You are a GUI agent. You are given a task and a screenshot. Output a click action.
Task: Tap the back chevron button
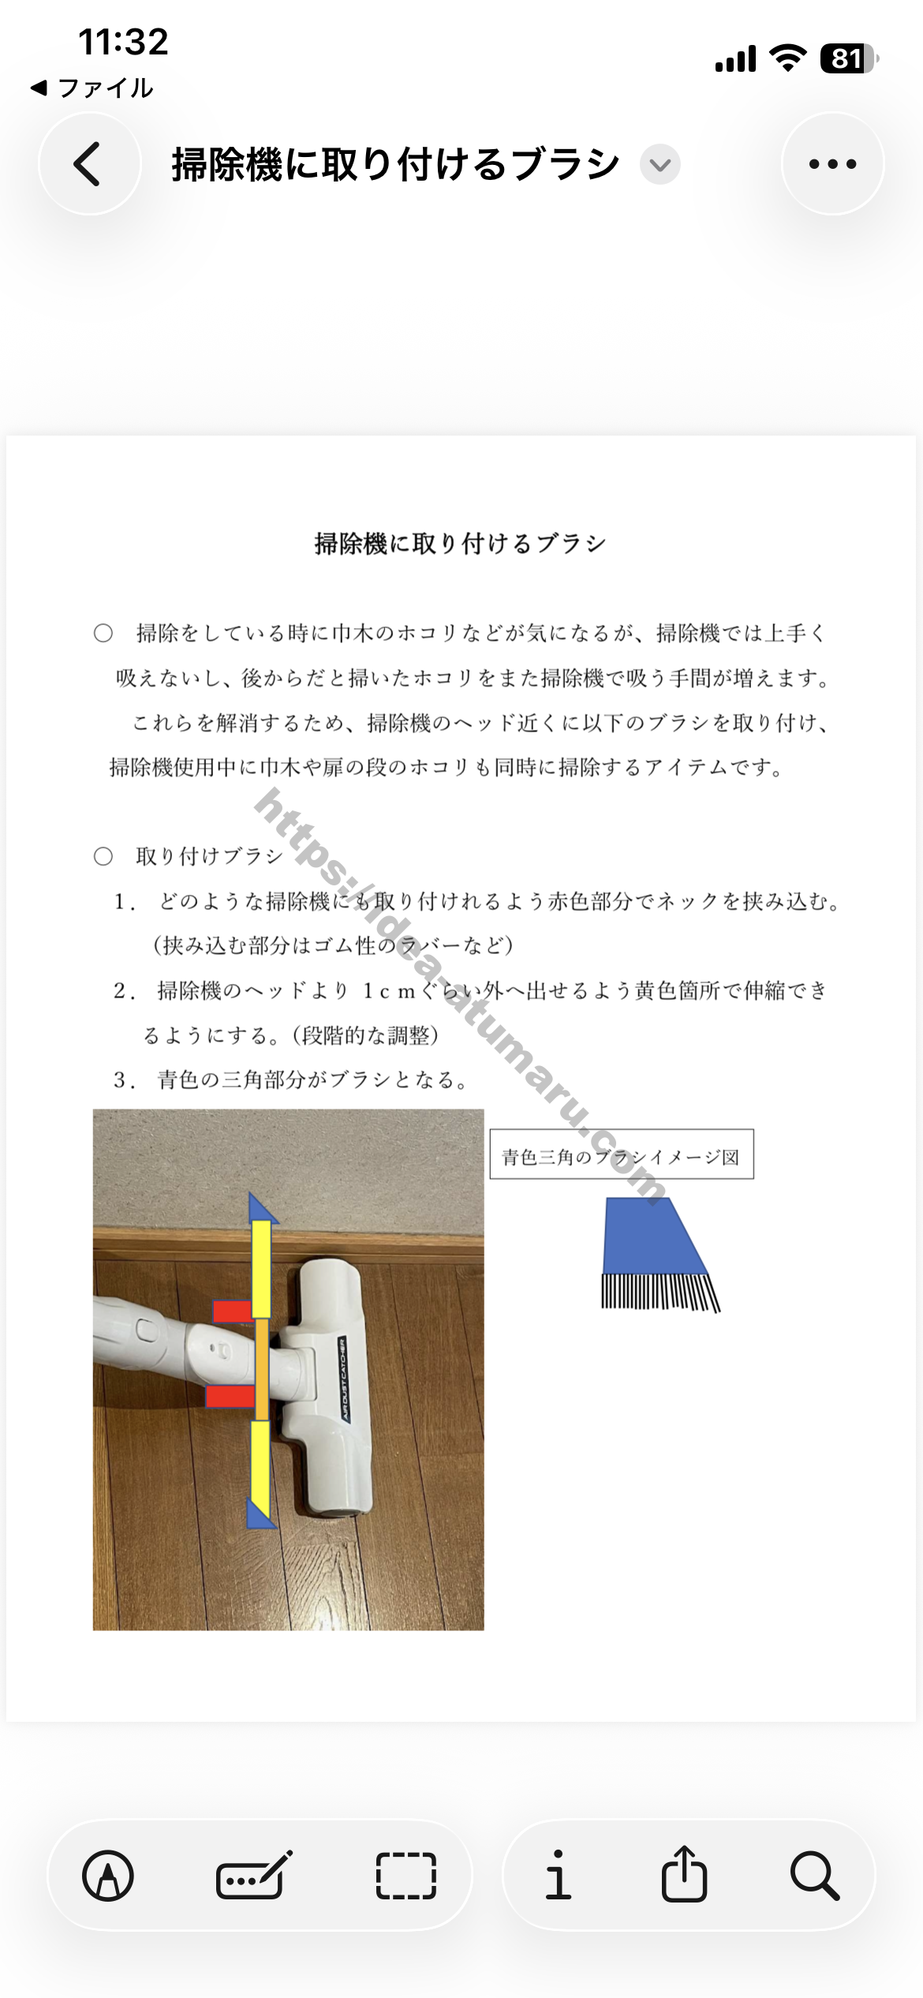89,164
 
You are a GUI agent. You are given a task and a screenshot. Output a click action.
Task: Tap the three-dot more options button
832,164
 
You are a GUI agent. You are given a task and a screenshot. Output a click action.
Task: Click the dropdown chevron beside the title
660,164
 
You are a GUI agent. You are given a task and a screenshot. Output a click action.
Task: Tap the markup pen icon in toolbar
108,1876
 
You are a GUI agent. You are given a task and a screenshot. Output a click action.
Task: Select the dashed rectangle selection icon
405,1876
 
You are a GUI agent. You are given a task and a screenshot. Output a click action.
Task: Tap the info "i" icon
558,1876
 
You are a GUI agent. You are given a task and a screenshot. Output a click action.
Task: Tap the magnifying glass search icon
814,1876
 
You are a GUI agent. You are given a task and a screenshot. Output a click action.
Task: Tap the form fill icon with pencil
254,1876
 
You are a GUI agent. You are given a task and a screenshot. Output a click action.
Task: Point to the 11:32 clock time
123,42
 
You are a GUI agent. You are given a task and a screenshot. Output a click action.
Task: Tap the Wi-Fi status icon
787,58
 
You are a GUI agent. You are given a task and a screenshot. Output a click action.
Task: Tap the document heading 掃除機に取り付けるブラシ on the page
461,544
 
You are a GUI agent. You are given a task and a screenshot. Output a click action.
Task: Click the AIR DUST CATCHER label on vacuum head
345,1379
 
